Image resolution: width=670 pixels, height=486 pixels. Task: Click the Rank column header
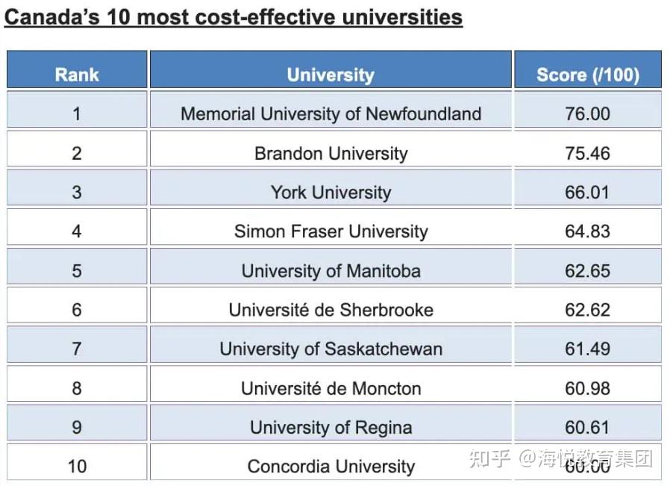click(77, 75)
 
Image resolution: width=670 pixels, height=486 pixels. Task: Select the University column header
click(331, 75)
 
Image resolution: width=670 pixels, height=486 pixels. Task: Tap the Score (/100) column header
click(587, 75)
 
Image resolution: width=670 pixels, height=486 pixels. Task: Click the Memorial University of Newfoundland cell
click(331, 113)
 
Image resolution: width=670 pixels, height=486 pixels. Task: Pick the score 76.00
click(587, 113)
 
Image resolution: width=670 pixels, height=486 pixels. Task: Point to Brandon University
click(331, 153)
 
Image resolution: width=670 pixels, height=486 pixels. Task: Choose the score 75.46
click(587, 153)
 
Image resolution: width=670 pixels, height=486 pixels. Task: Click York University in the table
click(331, 192)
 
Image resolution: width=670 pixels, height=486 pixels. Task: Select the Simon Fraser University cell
click(331, 231)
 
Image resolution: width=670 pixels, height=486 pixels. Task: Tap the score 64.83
click(587, 231)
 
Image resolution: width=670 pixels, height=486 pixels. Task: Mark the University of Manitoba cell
click(331, 270)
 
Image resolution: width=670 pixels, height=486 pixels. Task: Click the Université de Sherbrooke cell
click(331, 309)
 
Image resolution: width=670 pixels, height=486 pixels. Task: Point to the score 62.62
click(587, 309)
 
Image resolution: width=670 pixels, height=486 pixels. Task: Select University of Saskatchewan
click(331, 349)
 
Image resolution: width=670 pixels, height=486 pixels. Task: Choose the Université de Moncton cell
click(331, 388)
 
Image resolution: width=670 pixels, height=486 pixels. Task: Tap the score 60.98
click(587, 388)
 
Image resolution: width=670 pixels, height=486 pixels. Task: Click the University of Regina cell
click(331, 427)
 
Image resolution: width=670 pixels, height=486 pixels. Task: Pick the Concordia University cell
click(331, 467)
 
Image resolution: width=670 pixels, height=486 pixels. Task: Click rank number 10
click(77, 467)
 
